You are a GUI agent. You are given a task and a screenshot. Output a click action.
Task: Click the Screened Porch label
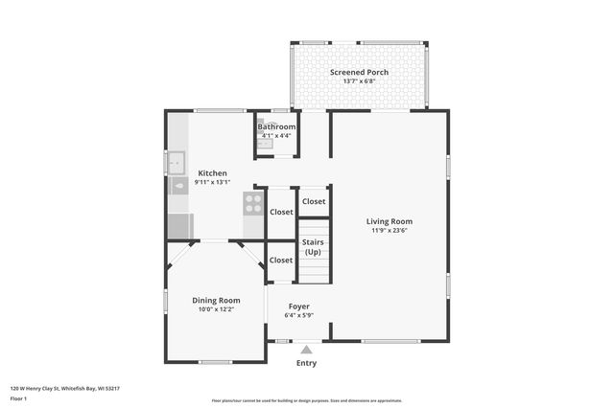tap(359, 72)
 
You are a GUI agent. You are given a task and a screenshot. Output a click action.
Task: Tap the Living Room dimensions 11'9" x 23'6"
tap(389, 230)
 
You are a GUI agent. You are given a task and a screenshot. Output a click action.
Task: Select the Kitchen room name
tap(212, 173)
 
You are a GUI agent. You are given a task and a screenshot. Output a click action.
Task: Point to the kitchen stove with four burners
tap(253, 202)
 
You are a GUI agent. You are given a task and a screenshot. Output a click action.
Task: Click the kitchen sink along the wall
tap(177, 163)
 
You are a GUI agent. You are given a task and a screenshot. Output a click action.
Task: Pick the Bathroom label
tap(276, 126)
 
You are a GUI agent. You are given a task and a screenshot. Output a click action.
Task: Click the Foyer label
tap(298, 307)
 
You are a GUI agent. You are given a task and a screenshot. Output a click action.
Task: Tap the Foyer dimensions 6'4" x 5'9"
tap(298, 315)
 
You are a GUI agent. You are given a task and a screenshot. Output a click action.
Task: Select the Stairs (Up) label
tap(313, 247)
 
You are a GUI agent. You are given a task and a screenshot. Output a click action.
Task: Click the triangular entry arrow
tap(306, 351)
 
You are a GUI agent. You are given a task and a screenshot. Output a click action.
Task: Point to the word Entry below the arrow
tap(306, 363)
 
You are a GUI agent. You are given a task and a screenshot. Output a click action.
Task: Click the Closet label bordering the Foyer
tap(281, 260)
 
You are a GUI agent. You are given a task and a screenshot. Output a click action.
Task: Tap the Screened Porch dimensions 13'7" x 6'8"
tap(359, 81)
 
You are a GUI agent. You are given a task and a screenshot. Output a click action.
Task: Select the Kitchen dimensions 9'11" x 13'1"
tap(212, 182)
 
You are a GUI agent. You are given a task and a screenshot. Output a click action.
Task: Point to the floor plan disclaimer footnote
tap(306, 400)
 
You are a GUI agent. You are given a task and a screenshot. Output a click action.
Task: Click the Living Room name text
tap(389, 221)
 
